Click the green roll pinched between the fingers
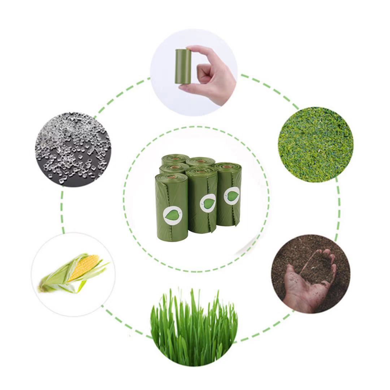182,67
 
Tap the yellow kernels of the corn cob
84,267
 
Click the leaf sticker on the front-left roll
171,216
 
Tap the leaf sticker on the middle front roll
208,203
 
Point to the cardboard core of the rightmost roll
228,167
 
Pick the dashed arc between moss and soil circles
337,209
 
